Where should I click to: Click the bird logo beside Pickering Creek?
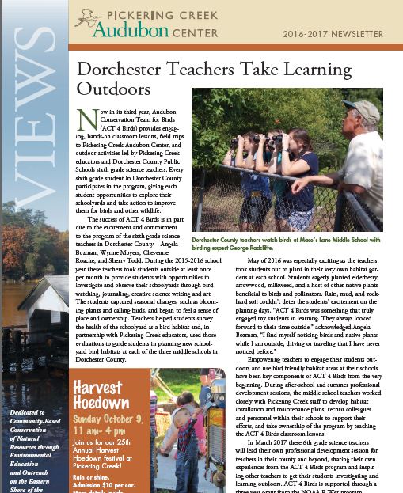(x=85, y=21)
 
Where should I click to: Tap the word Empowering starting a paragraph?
(x=272, y=361)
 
